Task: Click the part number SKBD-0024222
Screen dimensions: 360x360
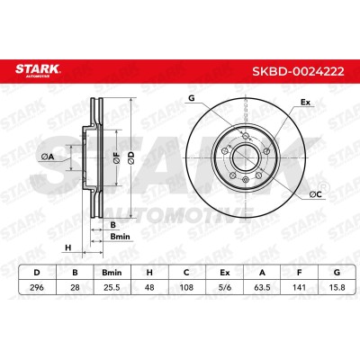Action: point(298,72)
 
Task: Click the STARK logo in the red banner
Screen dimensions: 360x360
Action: point(38,70)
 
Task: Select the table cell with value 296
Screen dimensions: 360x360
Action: point(37,287)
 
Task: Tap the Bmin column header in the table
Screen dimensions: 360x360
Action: point(112,273)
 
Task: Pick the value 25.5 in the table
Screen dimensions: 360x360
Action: point(112,287)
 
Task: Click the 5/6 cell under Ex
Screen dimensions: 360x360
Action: point(224,287)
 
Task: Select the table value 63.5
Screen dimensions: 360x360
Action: point(262,287)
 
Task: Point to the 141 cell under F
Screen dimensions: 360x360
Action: point(299,287)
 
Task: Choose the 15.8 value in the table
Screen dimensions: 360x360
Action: point(337,287)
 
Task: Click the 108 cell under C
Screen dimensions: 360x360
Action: point(186,287)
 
